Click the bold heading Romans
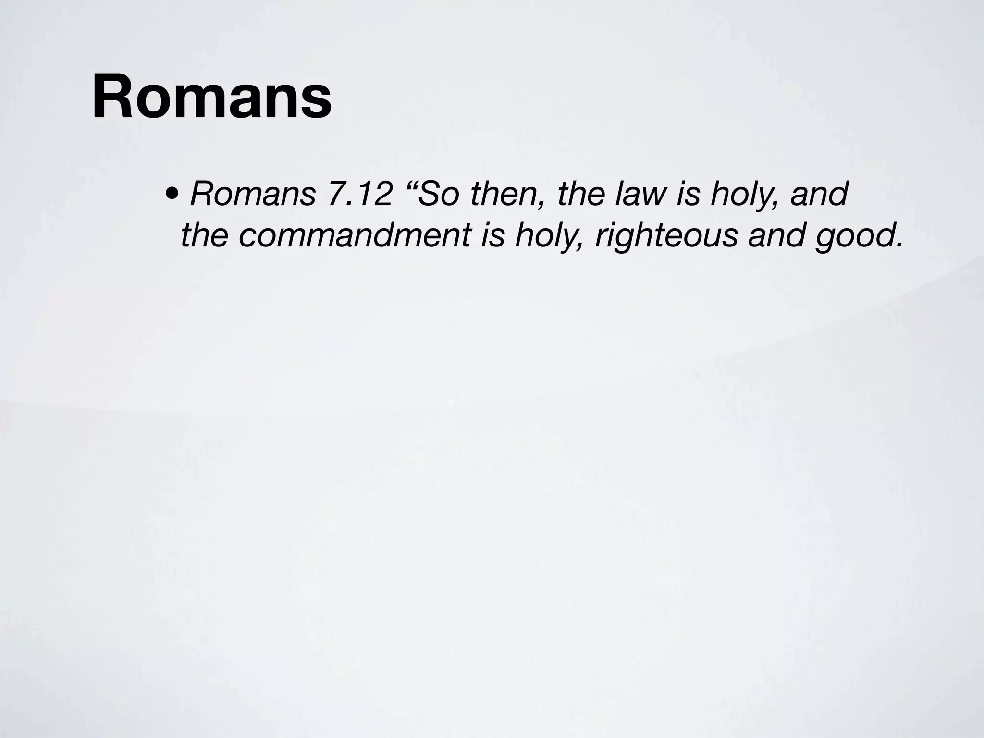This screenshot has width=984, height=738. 212,97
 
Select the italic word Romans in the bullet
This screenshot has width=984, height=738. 253,194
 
